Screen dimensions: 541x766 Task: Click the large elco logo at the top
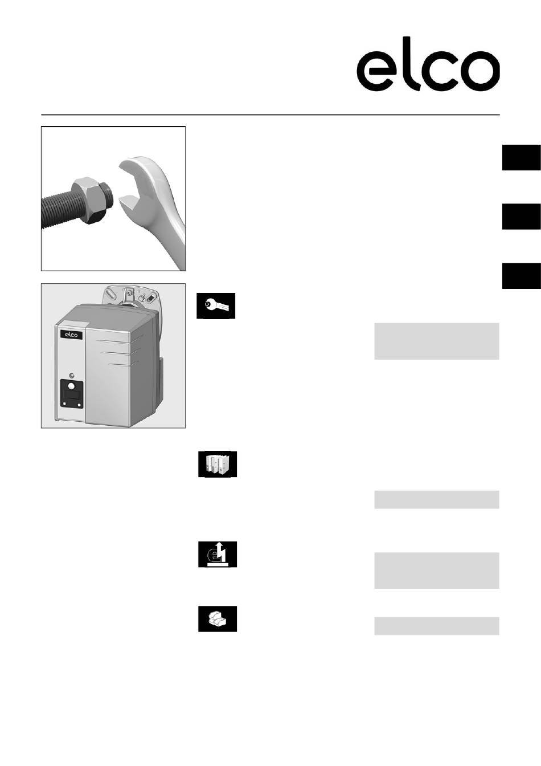(x=428, y=64)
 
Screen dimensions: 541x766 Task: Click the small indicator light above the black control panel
(x=71, y=376)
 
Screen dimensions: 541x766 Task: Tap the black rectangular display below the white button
(x=71, y=396)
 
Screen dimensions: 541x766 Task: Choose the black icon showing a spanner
(x=216, y=305)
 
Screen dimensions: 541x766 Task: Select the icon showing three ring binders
(x=218, y=464)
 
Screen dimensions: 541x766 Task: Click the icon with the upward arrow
(x=218, y=555)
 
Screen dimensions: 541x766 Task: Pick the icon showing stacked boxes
(x=218, y=619)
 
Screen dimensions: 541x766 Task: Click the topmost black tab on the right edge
(x=522, y=158)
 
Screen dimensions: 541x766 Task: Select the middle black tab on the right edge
(x=522, y=217)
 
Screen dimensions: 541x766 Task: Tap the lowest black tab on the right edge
(x=522, y=276)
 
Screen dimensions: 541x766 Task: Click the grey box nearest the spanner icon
(x=437, y=341)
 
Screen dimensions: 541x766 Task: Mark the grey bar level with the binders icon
(x=437, y=500)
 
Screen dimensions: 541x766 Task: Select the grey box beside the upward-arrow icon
(x=437, y=571)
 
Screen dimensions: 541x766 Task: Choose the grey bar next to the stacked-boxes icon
(x=437, y=626)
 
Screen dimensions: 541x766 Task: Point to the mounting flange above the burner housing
(x=130, y=295)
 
